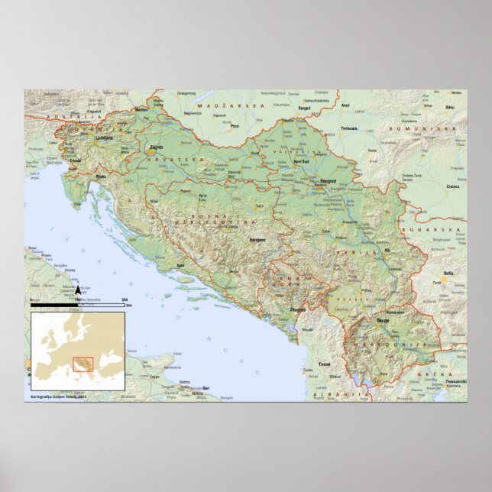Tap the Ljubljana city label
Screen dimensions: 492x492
point(103,138)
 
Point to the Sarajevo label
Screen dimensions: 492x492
point(257,240)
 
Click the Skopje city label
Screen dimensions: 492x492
point(383,320)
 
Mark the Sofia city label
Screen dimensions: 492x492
point(448,273)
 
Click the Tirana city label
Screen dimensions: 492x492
point(325,364)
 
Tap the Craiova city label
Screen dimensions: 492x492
point(453,186)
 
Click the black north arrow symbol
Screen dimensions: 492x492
point(77,290)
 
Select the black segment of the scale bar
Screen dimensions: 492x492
point(54,305)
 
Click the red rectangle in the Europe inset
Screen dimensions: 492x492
point(83,362)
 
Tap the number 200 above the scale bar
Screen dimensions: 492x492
point(125,299)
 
